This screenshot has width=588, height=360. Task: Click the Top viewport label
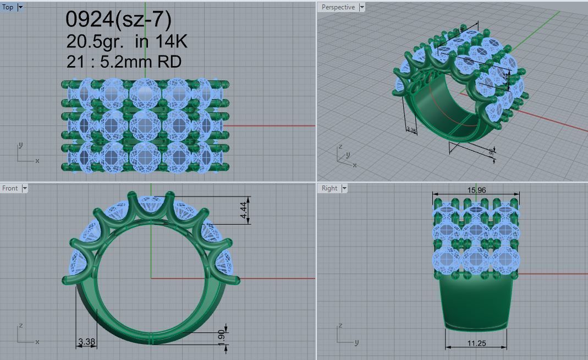[8, 7]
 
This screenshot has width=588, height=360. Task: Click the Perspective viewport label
[338, 7]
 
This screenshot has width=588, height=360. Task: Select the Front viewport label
[10, 188]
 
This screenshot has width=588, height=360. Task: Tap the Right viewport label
[329, 188]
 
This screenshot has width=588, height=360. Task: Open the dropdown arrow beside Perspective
[361, 7]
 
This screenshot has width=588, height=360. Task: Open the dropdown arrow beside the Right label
[344, 188]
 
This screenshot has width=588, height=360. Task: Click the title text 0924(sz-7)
[118, 19]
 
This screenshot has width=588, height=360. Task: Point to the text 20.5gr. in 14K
[127, 41]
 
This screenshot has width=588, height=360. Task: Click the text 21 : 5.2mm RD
[124, 61]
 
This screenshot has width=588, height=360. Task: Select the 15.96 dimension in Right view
[476, 190]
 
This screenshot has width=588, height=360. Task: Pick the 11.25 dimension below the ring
[476, 343]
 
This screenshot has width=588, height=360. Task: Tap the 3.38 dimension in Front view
[86, 342]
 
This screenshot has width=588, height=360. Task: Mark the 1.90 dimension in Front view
[221, 335]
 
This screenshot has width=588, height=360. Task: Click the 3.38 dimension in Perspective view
[410, 130]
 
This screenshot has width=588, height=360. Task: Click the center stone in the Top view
[144, 126]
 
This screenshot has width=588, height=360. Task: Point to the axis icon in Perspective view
[345, 156]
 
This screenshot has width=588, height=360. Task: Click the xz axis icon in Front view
[25, 334]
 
